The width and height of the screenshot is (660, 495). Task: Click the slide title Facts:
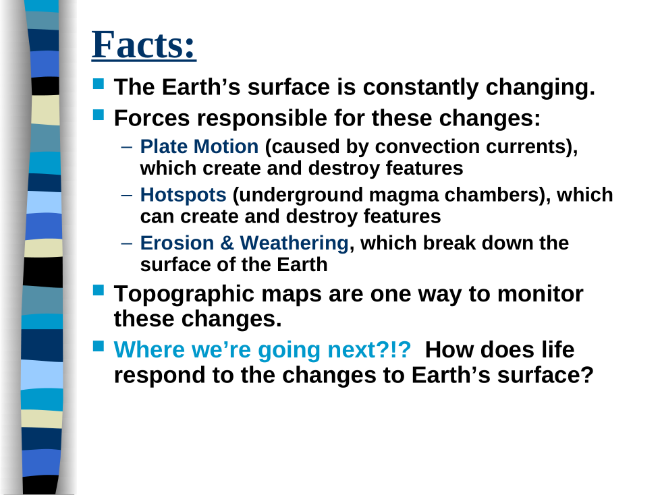pos(144,45)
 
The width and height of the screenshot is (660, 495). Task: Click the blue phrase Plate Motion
pos(199,146)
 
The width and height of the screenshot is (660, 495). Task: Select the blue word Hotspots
pos(183,195)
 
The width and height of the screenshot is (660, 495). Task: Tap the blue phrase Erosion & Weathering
pos(244,243)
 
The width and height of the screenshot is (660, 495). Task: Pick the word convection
pos(427,147)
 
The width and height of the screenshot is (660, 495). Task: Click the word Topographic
pos(184,295)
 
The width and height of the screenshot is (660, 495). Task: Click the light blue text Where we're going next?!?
pos(263,350)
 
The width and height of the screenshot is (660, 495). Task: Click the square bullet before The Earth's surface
pos(98,84)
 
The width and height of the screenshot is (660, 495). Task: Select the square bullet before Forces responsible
pos(98,115)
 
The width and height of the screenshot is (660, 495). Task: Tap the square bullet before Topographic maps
pos(98,290)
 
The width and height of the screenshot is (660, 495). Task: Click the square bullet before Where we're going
pos(98,346)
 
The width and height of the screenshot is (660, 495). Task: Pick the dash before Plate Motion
pos(126,147)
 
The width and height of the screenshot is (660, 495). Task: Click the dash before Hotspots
pos(126,196)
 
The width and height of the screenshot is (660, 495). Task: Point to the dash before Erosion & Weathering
pos(126,244)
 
